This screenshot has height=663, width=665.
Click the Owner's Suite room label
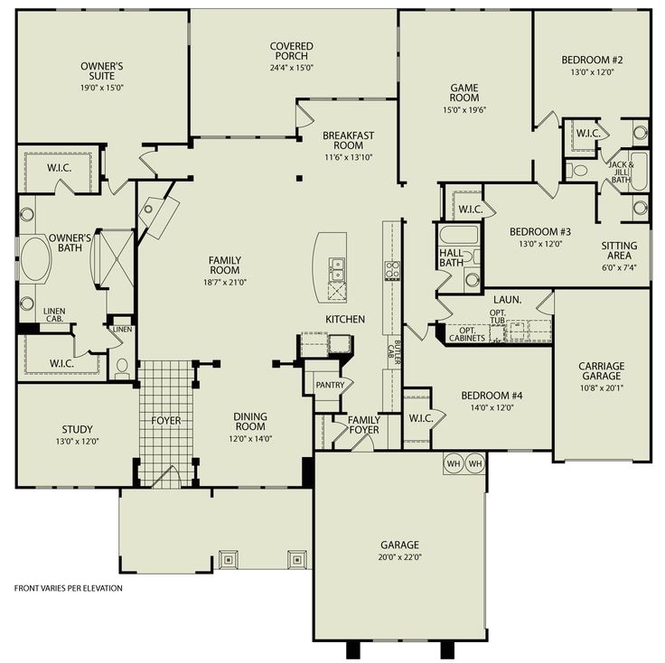pos(101,71)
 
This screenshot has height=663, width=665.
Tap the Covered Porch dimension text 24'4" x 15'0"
pos(291,68)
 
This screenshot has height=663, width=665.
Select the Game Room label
pos(464,94)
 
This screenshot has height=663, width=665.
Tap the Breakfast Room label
pos(348,141)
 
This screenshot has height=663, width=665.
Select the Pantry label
pos(327,385)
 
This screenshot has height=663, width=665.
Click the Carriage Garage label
pos(601,372)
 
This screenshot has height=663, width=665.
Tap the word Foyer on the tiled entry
pos(166,421)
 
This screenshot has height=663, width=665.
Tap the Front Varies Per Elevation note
pos(68,588)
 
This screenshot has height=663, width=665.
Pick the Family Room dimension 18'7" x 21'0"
pos(224,282)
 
